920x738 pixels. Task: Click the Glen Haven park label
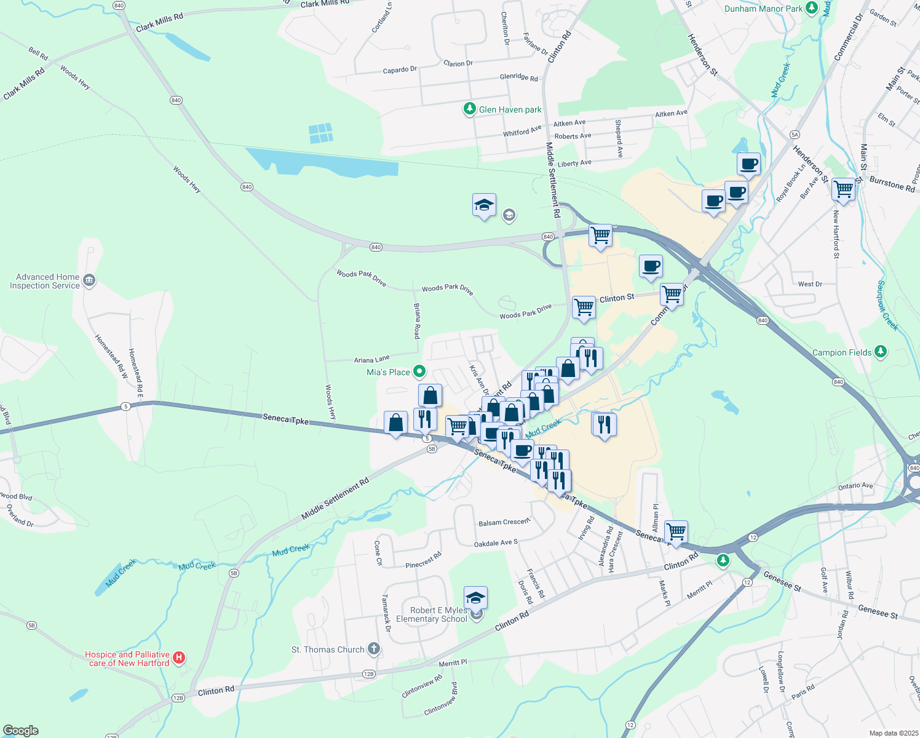click(510, 110)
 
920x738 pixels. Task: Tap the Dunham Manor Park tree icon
click(812, 8)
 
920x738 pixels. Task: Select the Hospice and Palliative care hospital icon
click(179, 658)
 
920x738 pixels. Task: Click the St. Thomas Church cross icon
click(373, 649)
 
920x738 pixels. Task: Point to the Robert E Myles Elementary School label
click(432, 615)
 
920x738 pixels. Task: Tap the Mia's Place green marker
click(419, 371)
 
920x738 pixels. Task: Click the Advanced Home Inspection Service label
click(45, 282)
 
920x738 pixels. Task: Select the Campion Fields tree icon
click(881, 352)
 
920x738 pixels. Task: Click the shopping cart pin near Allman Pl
click(676, 532)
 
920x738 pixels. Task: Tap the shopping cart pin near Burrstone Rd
click(843, 189)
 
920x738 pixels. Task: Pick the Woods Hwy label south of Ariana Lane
click(330, 403)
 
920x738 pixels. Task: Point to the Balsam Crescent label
click(504, 522)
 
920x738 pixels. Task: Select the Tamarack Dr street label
click(386, 613)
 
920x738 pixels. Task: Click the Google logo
click(21, 731)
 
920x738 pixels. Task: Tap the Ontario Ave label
click(855, 486)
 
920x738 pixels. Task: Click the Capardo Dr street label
click(400, 70)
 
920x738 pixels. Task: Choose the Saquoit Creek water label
click(887, 305)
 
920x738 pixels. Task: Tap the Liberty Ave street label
click(574, 164)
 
